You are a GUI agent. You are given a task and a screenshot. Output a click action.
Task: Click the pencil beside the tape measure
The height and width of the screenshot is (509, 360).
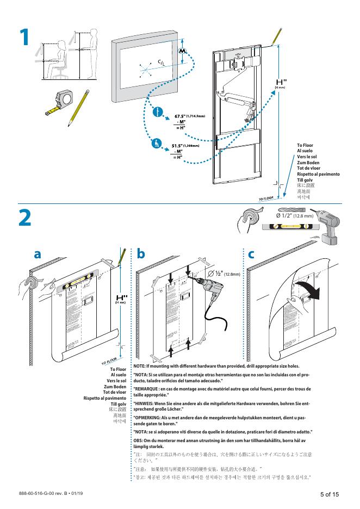click(79, 107)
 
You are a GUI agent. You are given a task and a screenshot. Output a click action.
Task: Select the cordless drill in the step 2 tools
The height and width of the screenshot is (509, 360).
click(328, 226)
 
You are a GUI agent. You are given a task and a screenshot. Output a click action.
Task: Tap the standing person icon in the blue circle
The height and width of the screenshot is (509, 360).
click(158, 113)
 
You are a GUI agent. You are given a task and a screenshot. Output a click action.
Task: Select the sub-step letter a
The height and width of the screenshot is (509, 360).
click(37, 254)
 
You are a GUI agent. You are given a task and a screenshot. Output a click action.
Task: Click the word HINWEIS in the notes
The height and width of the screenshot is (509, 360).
click(146, 403)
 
